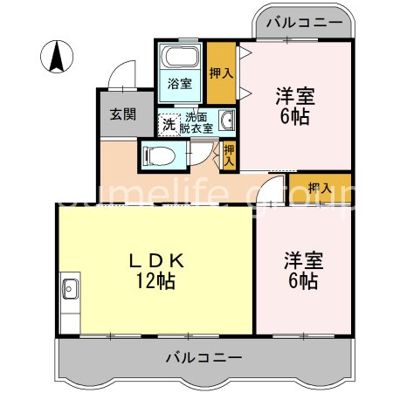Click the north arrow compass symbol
coord(57,57)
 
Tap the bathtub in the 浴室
coord(181,56)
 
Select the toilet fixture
coord(158,156)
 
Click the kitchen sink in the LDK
coord(70,289)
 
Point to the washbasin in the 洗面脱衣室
coord(227,120)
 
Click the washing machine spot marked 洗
coord(169,125)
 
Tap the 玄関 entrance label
coord(123,114)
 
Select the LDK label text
coord(156,260)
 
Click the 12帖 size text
coord(156,281)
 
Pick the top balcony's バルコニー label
coord(304,23)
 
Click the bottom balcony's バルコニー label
coord(203,357)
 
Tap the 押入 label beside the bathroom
coord(221,73)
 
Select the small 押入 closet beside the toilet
coord(229,155)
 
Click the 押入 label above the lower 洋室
coord(320,189)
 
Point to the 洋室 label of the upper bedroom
coord(295,96)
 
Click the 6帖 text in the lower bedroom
coord(303,280)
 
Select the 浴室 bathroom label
coord(180,84)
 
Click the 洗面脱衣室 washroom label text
coord(196,122)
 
